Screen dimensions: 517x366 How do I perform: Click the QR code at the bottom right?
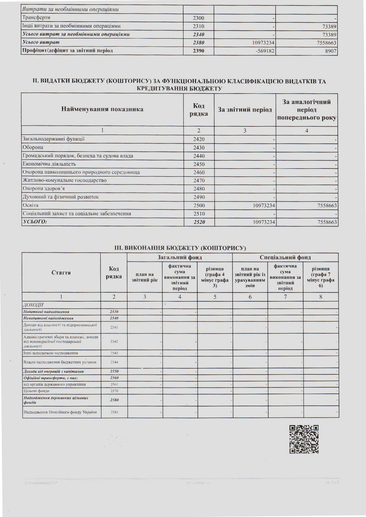[304, 439]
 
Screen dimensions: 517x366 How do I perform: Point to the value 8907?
[330, 51]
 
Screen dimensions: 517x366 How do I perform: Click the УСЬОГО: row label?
[34, 222]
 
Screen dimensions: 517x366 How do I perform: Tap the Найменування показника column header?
[103, 109]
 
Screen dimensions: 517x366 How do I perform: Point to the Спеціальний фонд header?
[285, 257]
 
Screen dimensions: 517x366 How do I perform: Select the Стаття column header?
[61, 272]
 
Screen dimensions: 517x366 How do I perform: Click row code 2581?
[114, 412]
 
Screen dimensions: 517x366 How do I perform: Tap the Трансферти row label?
[36, 18]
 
